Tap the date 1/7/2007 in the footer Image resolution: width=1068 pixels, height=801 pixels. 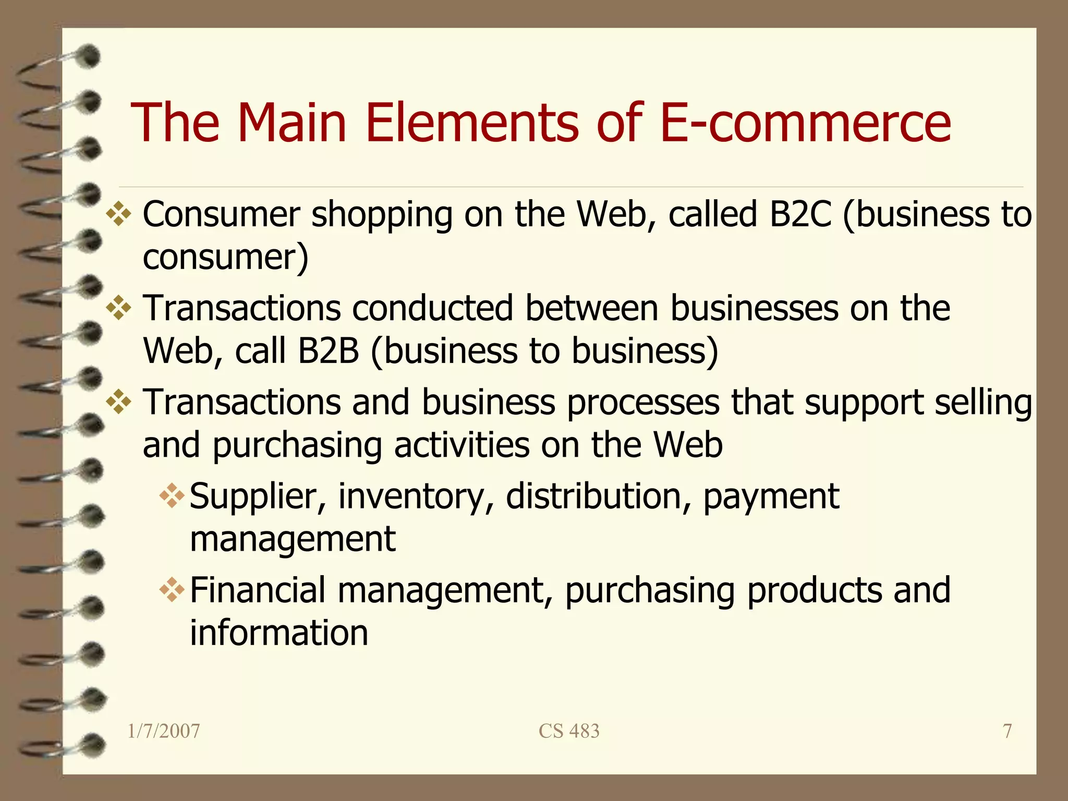pos(164,731)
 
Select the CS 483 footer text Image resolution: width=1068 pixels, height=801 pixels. pos(569,731)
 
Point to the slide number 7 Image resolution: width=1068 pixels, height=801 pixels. pos(1008,731)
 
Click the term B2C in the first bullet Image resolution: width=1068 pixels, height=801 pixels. pos(800,214)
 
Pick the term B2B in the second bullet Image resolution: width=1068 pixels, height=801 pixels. pos(329,350)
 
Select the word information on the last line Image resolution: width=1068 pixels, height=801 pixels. pos(279,633)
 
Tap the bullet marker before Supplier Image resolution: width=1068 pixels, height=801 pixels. pos(172,496)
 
